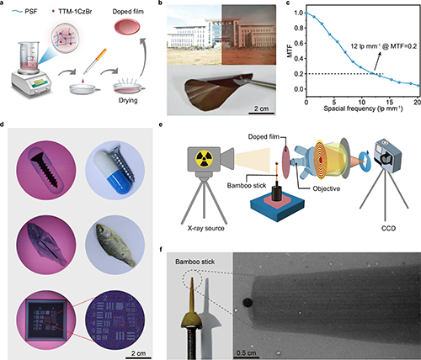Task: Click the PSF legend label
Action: (x=31, y=12)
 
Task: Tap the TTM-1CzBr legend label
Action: (x=75, y=12)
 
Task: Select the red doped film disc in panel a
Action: (x=127, y=27)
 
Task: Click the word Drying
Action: (x=128, y=100)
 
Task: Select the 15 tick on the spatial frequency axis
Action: (x=390, y=102)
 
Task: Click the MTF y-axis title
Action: (x=290, y=51)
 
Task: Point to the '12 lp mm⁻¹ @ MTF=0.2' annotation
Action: (x=384, y=46)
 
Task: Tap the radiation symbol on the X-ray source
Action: (x=204, y=158)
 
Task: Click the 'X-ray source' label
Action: (x=206, y=228)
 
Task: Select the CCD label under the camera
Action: (x=388, y=228)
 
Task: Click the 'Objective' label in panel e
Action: (x=327, y=188)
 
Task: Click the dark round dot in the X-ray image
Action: (x=248, y=303)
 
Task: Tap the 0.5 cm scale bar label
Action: (x=246, y=352)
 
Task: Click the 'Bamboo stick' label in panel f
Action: (x=195, y=262)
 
